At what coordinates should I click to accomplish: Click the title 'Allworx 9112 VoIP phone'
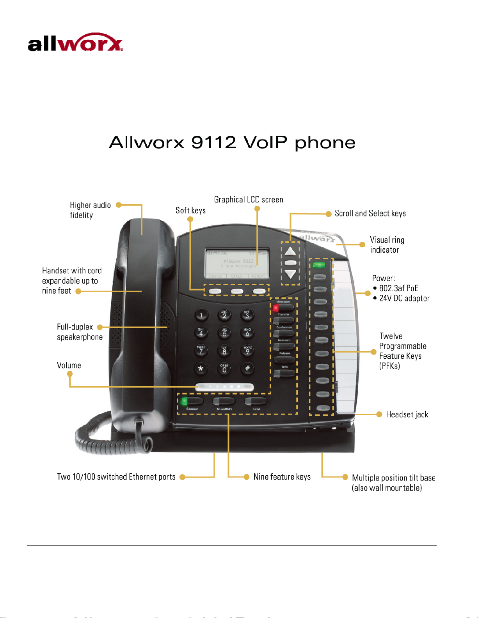click(x=232, y=143)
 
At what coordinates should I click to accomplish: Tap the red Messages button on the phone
click(x=283, y=308)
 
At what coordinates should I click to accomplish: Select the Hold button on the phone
click(x=256, y=401)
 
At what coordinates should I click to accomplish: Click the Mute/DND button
click(x=224, y=401)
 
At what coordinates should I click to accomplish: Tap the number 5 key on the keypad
click(x=224, y=332)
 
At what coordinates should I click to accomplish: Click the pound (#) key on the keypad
click(x=247, y=368)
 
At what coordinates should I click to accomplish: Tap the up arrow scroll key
click(x=290, y=251)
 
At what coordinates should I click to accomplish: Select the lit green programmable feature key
click(x=319, y=265)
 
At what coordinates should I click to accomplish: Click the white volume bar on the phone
click(x=224, y=387)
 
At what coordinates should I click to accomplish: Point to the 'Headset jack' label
click(x=407, y=414)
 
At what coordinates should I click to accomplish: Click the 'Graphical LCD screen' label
click(x=249, y=200)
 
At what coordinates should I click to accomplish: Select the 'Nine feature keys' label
click(x=282, y=477)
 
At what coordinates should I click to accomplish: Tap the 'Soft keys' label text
click(x=190, y=211)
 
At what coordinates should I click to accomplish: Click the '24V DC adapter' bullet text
click(x=404, y=298)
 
